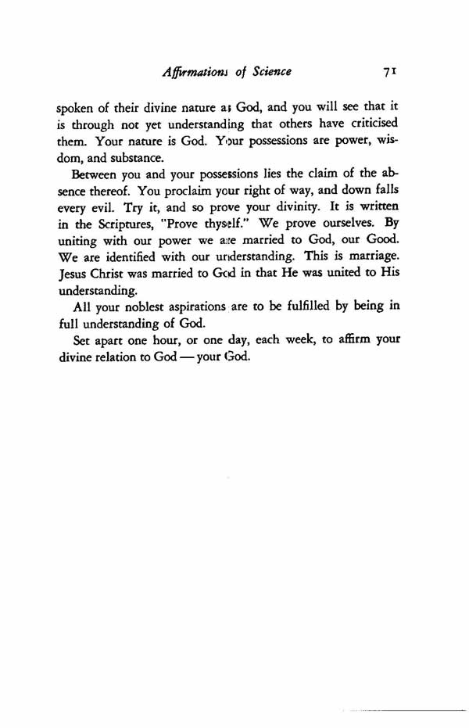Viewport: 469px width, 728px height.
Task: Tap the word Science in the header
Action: [267, 72]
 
